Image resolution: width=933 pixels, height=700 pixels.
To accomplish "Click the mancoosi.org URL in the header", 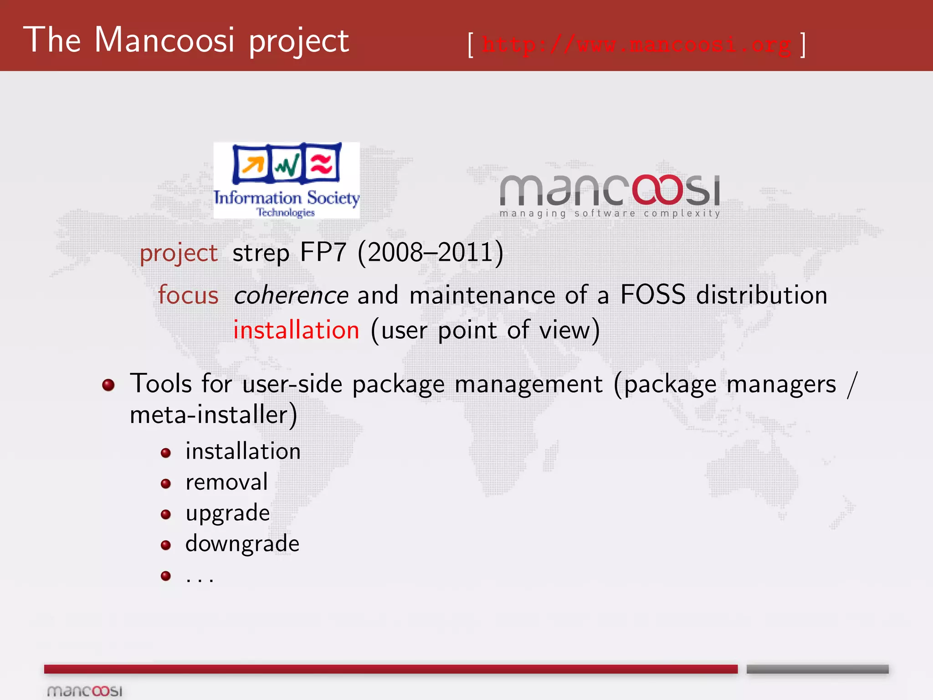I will (636, 45).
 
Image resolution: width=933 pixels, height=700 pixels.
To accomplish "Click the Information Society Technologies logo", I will (287, 180).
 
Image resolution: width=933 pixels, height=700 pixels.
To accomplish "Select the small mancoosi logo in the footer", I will (85, 691).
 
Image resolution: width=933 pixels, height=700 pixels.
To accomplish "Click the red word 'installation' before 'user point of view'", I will (296, 330).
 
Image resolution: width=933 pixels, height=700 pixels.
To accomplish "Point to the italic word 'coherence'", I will (291, 295).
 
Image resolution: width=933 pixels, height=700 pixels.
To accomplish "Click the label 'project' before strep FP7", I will (179, 253).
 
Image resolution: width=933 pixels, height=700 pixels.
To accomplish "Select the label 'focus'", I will (188, 295).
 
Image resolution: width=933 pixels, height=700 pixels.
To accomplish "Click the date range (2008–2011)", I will (431, 252).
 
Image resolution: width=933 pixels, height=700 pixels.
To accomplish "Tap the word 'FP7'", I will (323, 252).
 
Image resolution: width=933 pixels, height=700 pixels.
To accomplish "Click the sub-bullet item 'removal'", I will (226, 482).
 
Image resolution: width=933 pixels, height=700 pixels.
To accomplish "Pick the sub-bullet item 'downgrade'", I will (242, 544).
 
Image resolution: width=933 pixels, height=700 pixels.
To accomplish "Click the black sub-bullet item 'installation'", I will (243, 451).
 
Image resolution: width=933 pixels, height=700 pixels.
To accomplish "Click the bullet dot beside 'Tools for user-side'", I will (108, 385).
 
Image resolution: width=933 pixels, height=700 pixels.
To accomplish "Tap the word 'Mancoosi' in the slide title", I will (164, 40).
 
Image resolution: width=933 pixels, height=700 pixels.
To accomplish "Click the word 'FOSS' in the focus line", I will (652, 295).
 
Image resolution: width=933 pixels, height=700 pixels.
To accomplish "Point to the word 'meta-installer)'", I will (213, 415).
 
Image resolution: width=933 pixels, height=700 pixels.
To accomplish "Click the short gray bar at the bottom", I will (817, 669).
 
